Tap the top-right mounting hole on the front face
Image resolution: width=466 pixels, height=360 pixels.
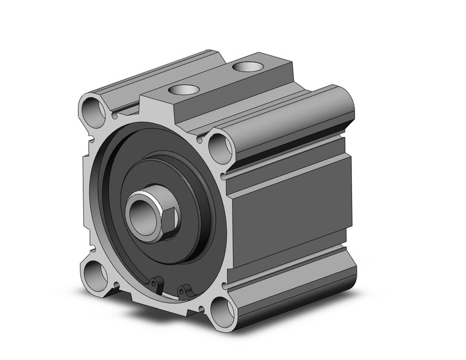tap(219, 147)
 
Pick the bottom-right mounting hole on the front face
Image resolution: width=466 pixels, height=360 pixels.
tap(221, 311)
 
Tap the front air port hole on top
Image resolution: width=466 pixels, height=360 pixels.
tap(183, 90)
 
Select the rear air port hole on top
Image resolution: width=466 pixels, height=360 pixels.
tap(247, 65)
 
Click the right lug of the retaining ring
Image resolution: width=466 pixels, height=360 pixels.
tap(183, 290)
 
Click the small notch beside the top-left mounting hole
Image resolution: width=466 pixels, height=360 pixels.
tap(114, 114)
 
